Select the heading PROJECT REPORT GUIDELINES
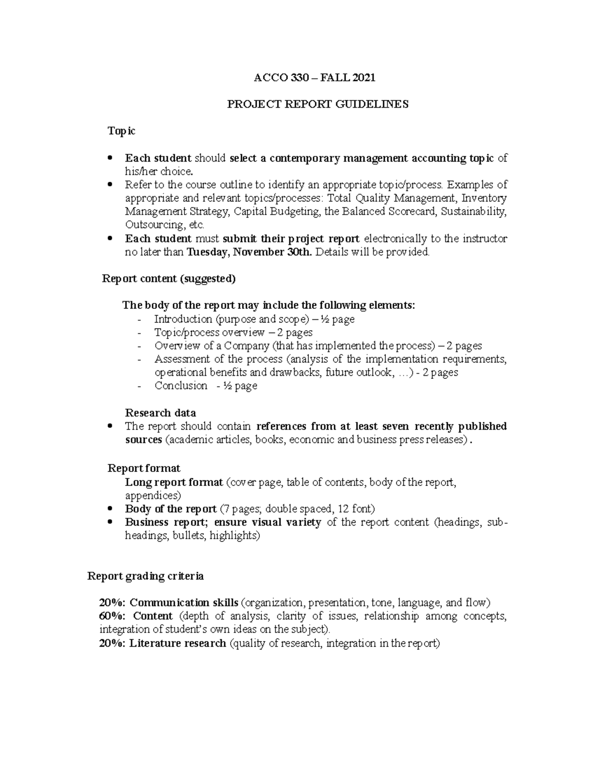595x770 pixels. pos(317,104)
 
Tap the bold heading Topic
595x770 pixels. pos(121,131)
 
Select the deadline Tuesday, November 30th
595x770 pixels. pos(249,252)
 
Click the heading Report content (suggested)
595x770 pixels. pos(169,279)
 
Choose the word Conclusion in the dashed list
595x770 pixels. pos(181,386)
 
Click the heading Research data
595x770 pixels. pos(160,413)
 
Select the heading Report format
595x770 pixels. pos(144,469)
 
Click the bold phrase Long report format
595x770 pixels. pos(174,482)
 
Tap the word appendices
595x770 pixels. pos(152,495)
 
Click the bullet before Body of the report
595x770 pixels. pos(110,509)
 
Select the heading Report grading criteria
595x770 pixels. pos(145,576)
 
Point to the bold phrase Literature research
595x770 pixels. pos(178,644)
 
